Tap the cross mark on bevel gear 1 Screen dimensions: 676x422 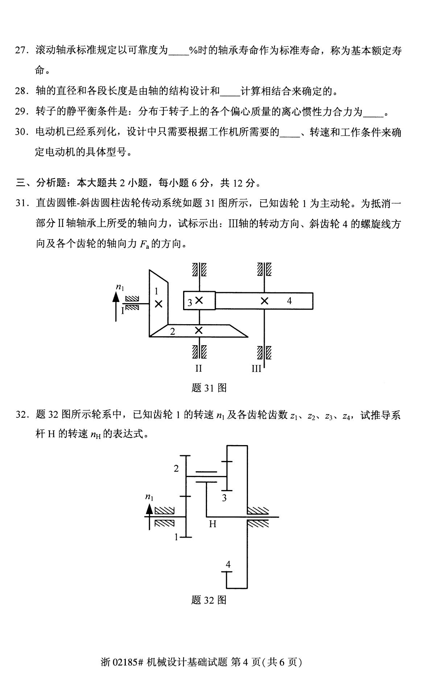click(158, 304)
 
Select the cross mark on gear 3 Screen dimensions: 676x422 click(199, 301)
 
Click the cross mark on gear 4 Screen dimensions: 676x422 click(265, 301)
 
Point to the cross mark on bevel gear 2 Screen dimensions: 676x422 click(199, 330)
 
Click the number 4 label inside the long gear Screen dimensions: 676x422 click(289, 301)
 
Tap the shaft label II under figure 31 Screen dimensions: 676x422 click(198, 368)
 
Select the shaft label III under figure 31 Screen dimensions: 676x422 click(256, 368)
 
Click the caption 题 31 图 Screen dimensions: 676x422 click(209, 388)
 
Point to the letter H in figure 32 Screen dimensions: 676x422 click(213, 524)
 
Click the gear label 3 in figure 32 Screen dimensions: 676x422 click(224, 498)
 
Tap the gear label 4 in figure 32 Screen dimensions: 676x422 click(228, 564)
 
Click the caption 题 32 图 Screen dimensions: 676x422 click(209, 600)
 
